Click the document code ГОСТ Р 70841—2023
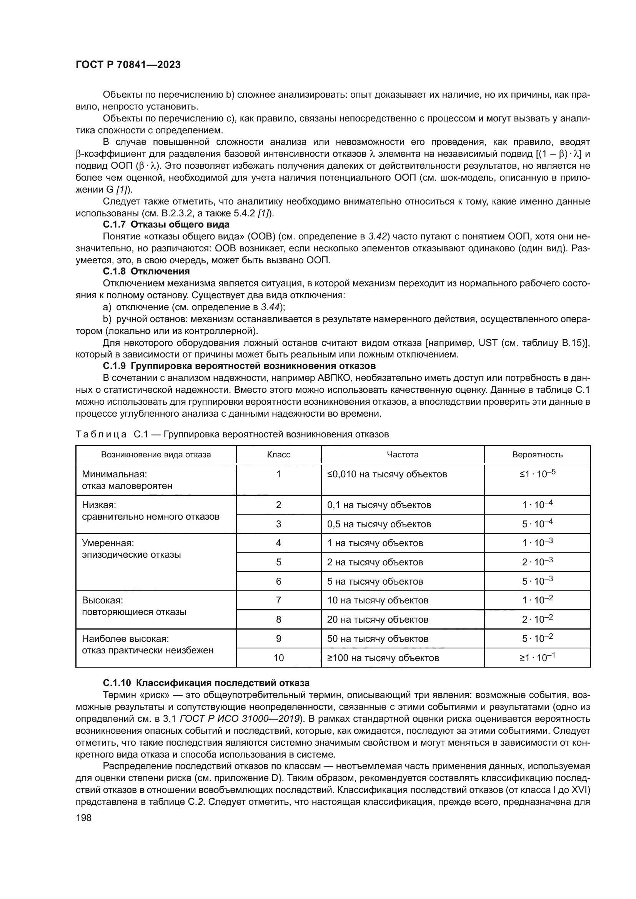pos(128,65)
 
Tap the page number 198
pos(83,818)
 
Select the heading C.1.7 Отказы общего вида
pos(166,225)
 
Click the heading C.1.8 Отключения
pos(146,271)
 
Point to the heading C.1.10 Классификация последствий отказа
pos(206,683)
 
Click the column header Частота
pos(402,455)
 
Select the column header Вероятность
pos(537,455)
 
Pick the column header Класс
pos(278,455)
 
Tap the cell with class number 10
pos(278,658)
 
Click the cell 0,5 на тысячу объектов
pos(379,524)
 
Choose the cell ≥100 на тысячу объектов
pos(383,658)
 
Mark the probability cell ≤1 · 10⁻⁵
pos(537,474)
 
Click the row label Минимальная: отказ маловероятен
pos(127,480)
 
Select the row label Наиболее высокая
pos(125,639)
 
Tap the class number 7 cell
pos(278,600)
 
